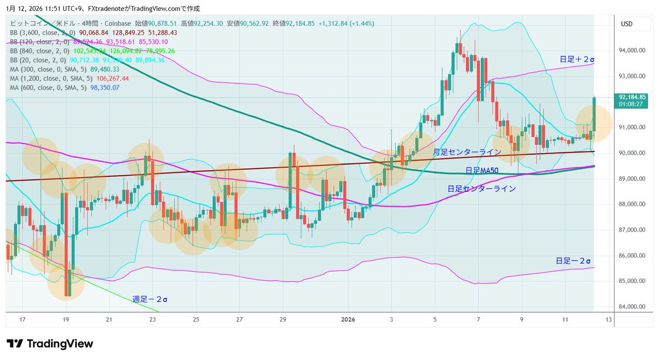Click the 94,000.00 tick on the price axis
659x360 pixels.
pyautogui.click(x=632, y=50)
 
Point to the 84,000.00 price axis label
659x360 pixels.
pyautogui.click(x=632, y=307)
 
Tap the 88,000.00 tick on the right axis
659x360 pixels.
pyautogui.click(x=632, y=204)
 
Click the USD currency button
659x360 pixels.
pyautogui.click(x=627, y=24)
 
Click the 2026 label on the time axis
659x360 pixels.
pyautogui.click(x=349, y=319)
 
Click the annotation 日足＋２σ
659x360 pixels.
pyautogui.click(x=577, y=59)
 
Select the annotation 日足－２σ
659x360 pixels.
pyautogui.click(x=573, y=261)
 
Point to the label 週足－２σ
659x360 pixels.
pyautogui.click(x=150, y=300)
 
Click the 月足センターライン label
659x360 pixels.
pyautogui.click(x=467, y=152)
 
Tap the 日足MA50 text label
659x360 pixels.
pyautogui.click(x=482, y=170)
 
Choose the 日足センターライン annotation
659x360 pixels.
pyautogui.click(x=481, y=189)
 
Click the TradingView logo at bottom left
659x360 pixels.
pyautogui.click(x=49, y=344)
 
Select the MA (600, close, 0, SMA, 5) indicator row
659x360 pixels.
pyautogui.click(x=65, y=87)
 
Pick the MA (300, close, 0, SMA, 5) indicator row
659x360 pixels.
pyautogui.click(x=65, y=69)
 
